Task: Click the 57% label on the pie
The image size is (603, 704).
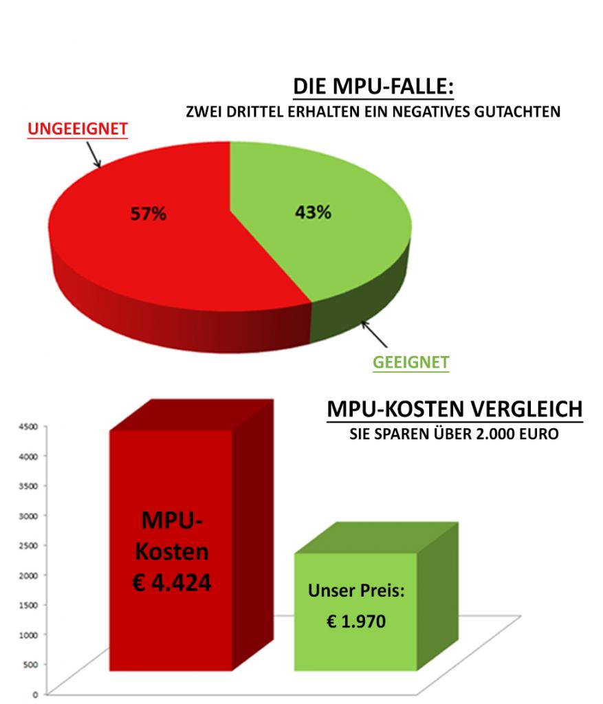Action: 149,214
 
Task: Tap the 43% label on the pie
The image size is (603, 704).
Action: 313,212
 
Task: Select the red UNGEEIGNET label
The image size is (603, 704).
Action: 78,129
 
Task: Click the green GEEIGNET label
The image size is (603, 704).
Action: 410,362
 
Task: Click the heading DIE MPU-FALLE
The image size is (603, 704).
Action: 374,88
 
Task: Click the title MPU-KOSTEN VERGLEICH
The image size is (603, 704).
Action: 454,410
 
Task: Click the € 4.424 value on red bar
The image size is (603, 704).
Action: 172,582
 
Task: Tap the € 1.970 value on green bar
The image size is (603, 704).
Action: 355,621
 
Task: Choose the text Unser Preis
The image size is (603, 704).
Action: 355,591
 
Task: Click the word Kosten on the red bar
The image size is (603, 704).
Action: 172,551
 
